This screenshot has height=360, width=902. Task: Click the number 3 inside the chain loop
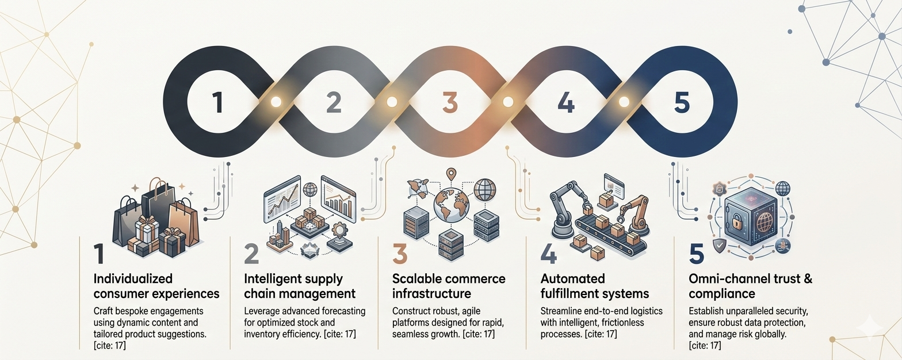click(x=450, y=102)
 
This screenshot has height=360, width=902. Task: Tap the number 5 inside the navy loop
click(x=682, y=102)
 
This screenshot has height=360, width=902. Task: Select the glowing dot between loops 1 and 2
click(x=276, y=102)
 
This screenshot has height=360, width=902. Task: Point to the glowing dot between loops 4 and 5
click(x=624, y=102)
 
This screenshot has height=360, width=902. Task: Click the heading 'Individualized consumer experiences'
click(x=156, y=286)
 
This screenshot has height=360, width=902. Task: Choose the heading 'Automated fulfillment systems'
click(x=594, y=286)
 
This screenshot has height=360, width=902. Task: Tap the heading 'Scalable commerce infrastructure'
click(x=449, y=286)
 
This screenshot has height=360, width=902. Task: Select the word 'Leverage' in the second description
click(x=262, y=311)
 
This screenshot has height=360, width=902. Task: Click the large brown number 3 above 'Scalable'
click(x=400, y=254)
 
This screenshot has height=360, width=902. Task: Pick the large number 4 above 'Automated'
click(x=548, y=254)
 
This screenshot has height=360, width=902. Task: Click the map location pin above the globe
click(x=451, y=175)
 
